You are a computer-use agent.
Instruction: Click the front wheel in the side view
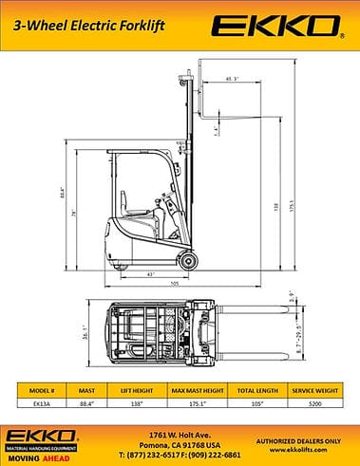coord(185,258)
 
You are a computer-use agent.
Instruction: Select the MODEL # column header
coord(44,389)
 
